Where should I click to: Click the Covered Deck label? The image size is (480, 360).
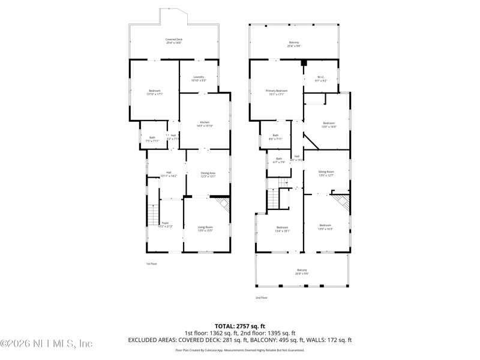(174, 41)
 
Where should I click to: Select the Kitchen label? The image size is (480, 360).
(205, 124)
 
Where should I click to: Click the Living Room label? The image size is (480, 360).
(205, 229)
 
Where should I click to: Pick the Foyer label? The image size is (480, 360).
(165, 224)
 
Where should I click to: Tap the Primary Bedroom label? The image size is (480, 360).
(276, 92)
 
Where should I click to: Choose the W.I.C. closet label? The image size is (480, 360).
(320, 79)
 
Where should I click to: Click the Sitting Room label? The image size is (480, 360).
(326, 173)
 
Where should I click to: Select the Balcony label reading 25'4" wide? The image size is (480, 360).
(293, 44)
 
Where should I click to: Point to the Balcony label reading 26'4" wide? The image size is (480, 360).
(302, 272)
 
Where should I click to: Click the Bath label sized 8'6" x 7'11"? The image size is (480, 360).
(275, 137)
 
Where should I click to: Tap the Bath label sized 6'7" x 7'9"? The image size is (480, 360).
(279, 161)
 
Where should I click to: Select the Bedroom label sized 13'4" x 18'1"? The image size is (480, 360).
(282, 229)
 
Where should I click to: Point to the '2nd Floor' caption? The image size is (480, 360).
(261, 298)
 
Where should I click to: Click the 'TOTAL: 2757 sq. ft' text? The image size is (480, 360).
(240, 325)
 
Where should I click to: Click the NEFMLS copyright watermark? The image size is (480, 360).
(46, 344)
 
